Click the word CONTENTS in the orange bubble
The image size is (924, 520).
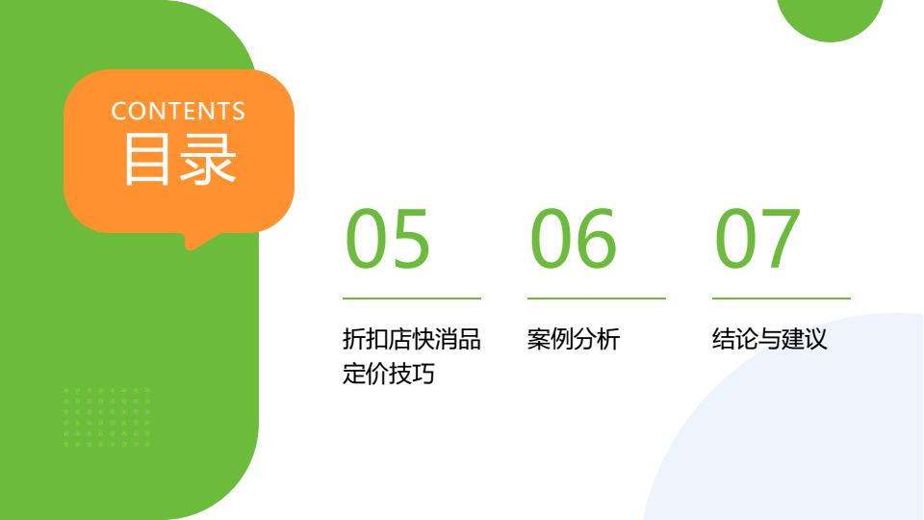tap(178, 112)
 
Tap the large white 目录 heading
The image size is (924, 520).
tap(180, 159)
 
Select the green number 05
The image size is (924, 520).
tap(387, 239)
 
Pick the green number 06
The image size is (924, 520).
tap(573, 239)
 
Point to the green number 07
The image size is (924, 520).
tap(757, 239)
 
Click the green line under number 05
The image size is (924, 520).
tap(412, 299)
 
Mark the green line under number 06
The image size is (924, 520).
tap(597, 299)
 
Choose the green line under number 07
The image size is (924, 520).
tap(782, 299)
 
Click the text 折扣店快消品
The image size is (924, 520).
tap(411, 339)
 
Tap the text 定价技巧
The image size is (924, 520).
tap(388, 374)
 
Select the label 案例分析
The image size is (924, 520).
tap(574, 339)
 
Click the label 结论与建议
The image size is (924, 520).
tap(770, 339)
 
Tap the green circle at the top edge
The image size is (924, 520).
tap(831, 16)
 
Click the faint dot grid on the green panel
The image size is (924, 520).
tap(107, 417)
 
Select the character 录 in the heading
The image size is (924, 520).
tap(209, 159)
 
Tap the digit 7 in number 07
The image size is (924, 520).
tap(780, 239)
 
